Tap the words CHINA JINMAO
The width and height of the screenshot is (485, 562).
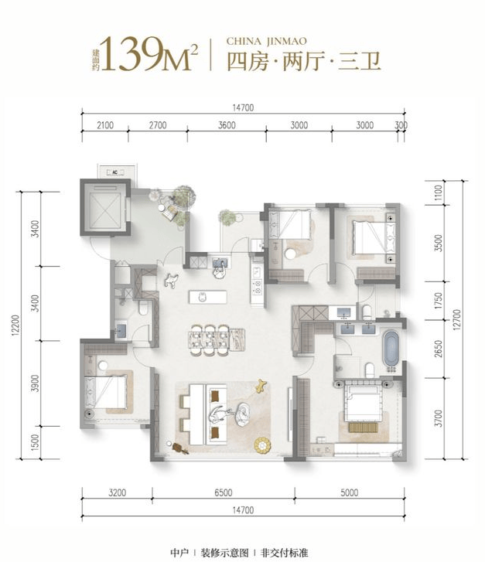[267, 41]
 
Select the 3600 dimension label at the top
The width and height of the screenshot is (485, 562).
[227, 125]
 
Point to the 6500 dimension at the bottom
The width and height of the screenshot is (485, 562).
[224, 493]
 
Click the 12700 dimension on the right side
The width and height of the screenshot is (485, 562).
[457, 320]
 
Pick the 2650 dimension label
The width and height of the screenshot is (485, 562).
[439, 349]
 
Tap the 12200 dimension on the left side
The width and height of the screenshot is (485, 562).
[15, 325]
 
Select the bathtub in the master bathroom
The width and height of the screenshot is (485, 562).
[391, 349]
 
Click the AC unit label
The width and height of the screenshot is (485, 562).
[115, 172]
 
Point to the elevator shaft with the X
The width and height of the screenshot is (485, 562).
[105, 207]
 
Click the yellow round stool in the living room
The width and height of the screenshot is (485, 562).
[262, 445]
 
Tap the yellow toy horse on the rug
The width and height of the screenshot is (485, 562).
[261, 385]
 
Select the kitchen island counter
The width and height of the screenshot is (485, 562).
[208, 297]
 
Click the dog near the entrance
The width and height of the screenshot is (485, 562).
[171, 280]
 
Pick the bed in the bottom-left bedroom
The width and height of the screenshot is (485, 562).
[105, 392]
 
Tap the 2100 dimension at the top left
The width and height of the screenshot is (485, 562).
[105, 125]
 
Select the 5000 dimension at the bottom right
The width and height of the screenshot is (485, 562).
[350, 493]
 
